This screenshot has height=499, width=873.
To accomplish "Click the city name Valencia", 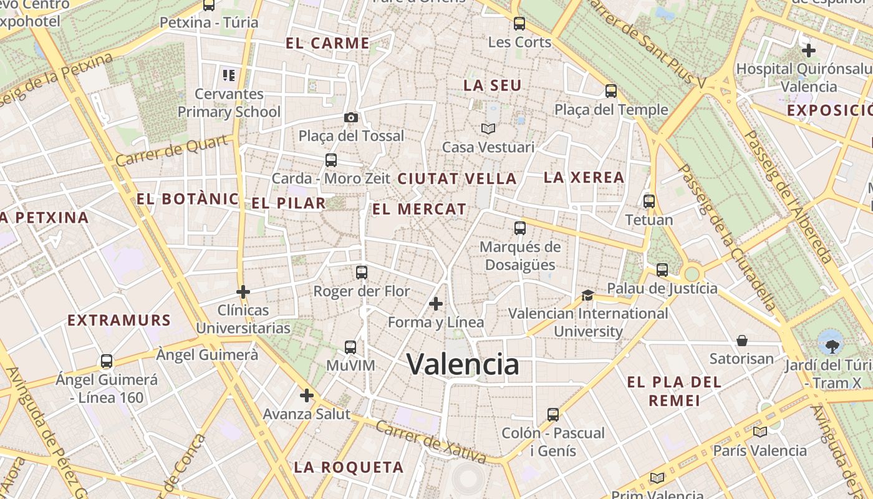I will [463, 364].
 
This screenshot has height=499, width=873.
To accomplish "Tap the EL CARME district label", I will [327, 43].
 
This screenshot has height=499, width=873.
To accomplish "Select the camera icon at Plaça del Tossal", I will [351, 118].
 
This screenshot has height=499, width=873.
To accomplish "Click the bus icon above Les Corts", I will [519, 24].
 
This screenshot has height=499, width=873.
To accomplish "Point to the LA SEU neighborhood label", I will [492, 85].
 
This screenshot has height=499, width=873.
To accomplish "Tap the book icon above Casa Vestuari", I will [488, 128].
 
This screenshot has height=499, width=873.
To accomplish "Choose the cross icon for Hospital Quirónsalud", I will [809, 50].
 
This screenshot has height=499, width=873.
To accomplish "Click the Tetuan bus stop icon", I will [649, 201].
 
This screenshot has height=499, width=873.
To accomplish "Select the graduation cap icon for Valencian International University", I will [587, 295].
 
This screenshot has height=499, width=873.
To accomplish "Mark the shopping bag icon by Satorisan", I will [742, 341].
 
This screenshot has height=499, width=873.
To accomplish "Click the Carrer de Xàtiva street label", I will [430, 442].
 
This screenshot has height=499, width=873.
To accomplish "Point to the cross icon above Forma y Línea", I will [436, 304].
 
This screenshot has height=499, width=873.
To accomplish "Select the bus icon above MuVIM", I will [350, 347].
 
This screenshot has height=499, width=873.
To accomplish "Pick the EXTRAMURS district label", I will [118, 321].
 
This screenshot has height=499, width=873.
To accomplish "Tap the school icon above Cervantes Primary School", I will [229, 75].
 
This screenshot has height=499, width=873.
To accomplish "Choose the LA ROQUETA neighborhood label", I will [349, 467].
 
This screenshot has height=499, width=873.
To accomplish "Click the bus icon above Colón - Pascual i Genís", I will [553, 414].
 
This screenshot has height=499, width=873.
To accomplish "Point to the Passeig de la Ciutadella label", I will [726, 238].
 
